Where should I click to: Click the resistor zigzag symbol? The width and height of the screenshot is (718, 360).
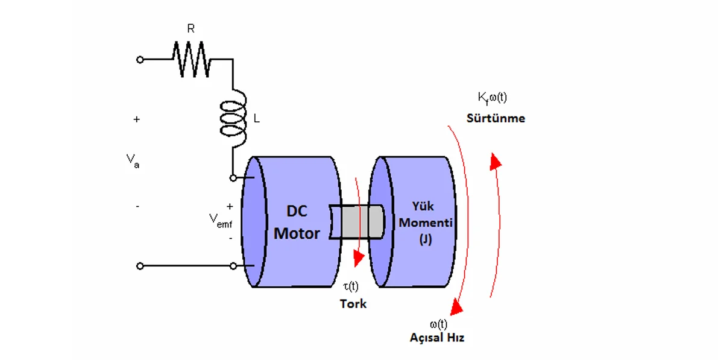(x=191, y=59)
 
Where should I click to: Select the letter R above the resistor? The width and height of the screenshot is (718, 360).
(x=191, y=28)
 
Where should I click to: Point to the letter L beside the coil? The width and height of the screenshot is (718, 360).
(x=257, y=119)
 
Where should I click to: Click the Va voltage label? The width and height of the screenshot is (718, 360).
(x=133, y=160)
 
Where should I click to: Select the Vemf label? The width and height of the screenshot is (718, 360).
(x=221, y=221)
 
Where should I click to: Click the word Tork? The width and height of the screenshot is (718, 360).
(x=353, y=303)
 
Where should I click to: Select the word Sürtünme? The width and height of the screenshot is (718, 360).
(x=496, y=118)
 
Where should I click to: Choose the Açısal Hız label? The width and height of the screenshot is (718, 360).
(x=437, y=338)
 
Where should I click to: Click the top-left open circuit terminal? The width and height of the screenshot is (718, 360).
(x=140, y=60)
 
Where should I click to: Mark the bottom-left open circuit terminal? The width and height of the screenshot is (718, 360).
(x=140, y=266)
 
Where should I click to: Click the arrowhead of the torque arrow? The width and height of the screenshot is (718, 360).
(x=359, y=259)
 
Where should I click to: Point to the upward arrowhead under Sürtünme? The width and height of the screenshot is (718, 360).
(x=496, y=160)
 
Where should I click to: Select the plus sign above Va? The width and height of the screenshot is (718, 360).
(x=137, y=119)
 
